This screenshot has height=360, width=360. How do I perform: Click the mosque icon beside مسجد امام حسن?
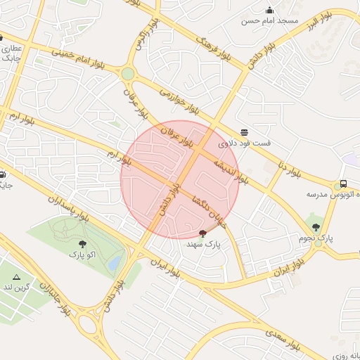point(269,10)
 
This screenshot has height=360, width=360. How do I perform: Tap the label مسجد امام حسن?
point(270,21)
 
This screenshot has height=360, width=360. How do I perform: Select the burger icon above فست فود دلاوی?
point(244,132)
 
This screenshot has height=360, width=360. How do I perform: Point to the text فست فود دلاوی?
point(244,143)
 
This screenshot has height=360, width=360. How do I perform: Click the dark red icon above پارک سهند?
point(203,233)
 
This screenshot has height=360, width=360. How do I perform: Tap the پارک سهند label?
point(203,244)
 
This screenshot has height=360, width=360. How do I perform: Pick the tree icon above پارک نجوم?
point(316,227)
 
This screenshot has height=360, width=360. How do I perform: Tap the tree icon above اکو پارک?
point(83,244)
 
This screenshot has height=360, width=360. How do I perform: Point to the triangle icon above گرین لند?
point(17,278)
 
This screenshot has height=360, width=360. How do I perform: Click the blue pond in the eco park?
point(115,262)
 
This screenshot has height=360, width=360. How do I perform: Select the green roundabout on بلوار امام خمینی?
point(127,73)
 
